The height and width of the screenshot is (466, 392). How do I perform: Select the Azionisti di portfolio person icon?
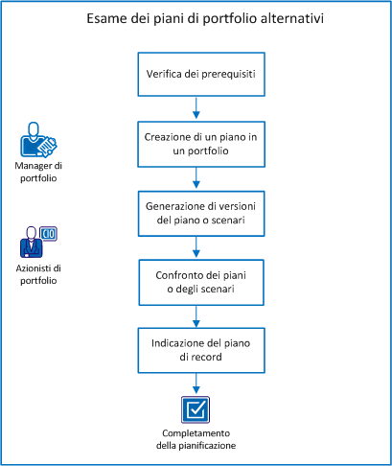(x=36, y=244)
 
